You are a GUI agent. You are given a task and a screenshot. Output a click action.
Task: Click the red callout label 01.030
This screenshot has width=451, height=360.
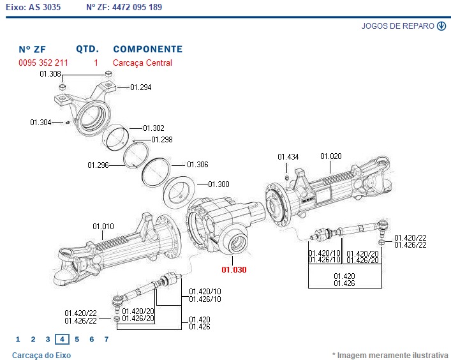(x=233, y=270)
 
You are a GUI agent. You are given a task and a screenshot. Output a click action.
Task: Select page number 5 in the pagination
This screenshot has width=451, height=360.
(x=77, y=340)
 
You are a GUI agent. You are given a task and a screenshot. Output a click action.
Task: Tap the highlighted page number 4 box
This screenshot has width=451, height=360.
(x=62, y=340)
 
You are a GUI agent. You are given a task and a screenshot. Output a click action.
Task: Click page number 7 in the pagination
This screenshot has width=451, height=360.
(x=107, y=340)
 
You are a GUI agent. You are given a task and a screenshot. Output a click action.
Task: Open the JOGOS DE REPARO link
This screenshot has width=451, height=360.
(x=398, y=26)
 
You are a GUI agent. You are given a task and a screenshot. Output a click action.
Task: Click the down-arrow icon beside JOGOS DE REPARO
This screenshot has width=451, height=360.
(x=441, y=26)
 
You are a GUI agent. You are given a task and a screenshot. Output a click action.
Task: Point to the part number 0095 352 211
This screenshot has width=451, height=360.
(x=43, y=63)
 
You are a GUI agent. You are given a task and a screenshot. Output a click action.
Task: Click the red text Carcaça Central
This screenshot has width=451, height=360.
(x=142, y=63)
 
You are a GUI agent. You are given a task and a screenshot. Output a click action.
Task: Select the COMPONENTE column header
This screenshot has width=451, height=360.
(x=147, y=49)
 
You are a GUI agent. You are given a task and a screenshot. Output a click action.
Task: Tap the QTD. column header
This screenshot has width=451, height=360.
(x=87, y=49)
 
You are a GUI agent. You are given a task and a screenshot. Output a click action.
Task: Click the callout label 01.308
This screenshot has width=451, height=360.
(x=50, y=74)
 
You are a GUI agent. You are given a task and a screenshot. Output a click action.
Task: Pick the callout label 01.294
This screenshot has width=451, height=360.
(x=141, y=87)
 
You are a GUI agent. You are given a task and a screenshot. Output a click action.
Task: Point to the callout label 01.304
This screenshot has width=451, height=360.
(x=41, y=122)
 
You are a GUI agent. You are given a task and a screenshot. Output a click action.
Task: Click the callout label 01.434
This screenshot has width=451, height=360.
(x=288, y=156)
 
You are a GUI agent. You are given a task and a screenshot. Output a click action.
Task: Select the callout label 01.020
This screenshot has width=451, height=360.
(x=331, y=156)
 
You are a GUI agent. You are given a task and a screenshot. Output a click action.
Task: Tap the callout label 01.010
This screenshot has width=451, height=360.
(x=103, y=226)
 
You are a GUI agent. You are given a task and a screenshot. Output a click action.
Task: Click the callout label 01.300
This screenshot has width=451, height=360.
(x=219, y=184)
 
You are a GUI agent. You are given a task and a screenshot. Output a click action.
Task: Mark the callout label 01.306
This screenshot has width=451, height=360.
(x=198, y=165)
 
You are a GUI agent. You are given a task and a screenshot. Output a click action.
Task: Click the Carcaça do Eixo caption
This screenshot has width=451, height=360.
(x=41, y=355)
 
